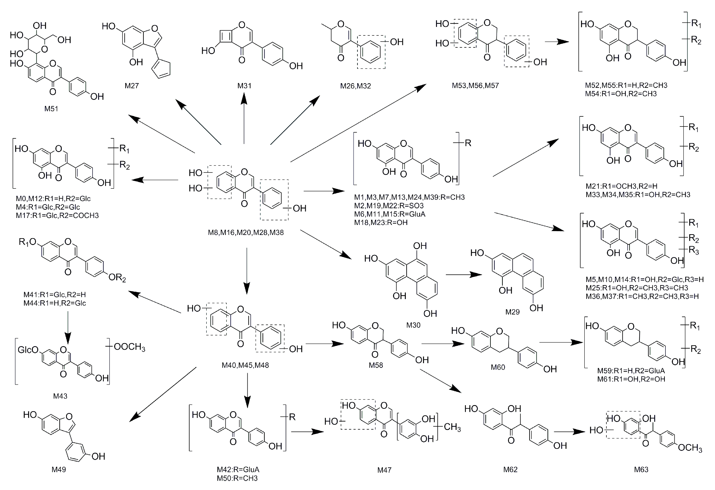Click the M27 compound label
pos(132,86)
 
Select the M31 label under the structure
pos(244,86)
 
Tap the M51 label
pos(51,109)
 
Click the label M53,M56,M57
pos(475,86)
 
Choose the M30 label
pos(413,325)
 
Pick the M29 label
pos(512,312)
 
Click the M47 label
pos(384,470)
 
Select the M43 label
pos(60,396)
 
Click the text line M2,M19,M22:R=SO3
pos(389,206)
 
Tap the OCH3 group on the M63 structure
pos(690,448)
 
